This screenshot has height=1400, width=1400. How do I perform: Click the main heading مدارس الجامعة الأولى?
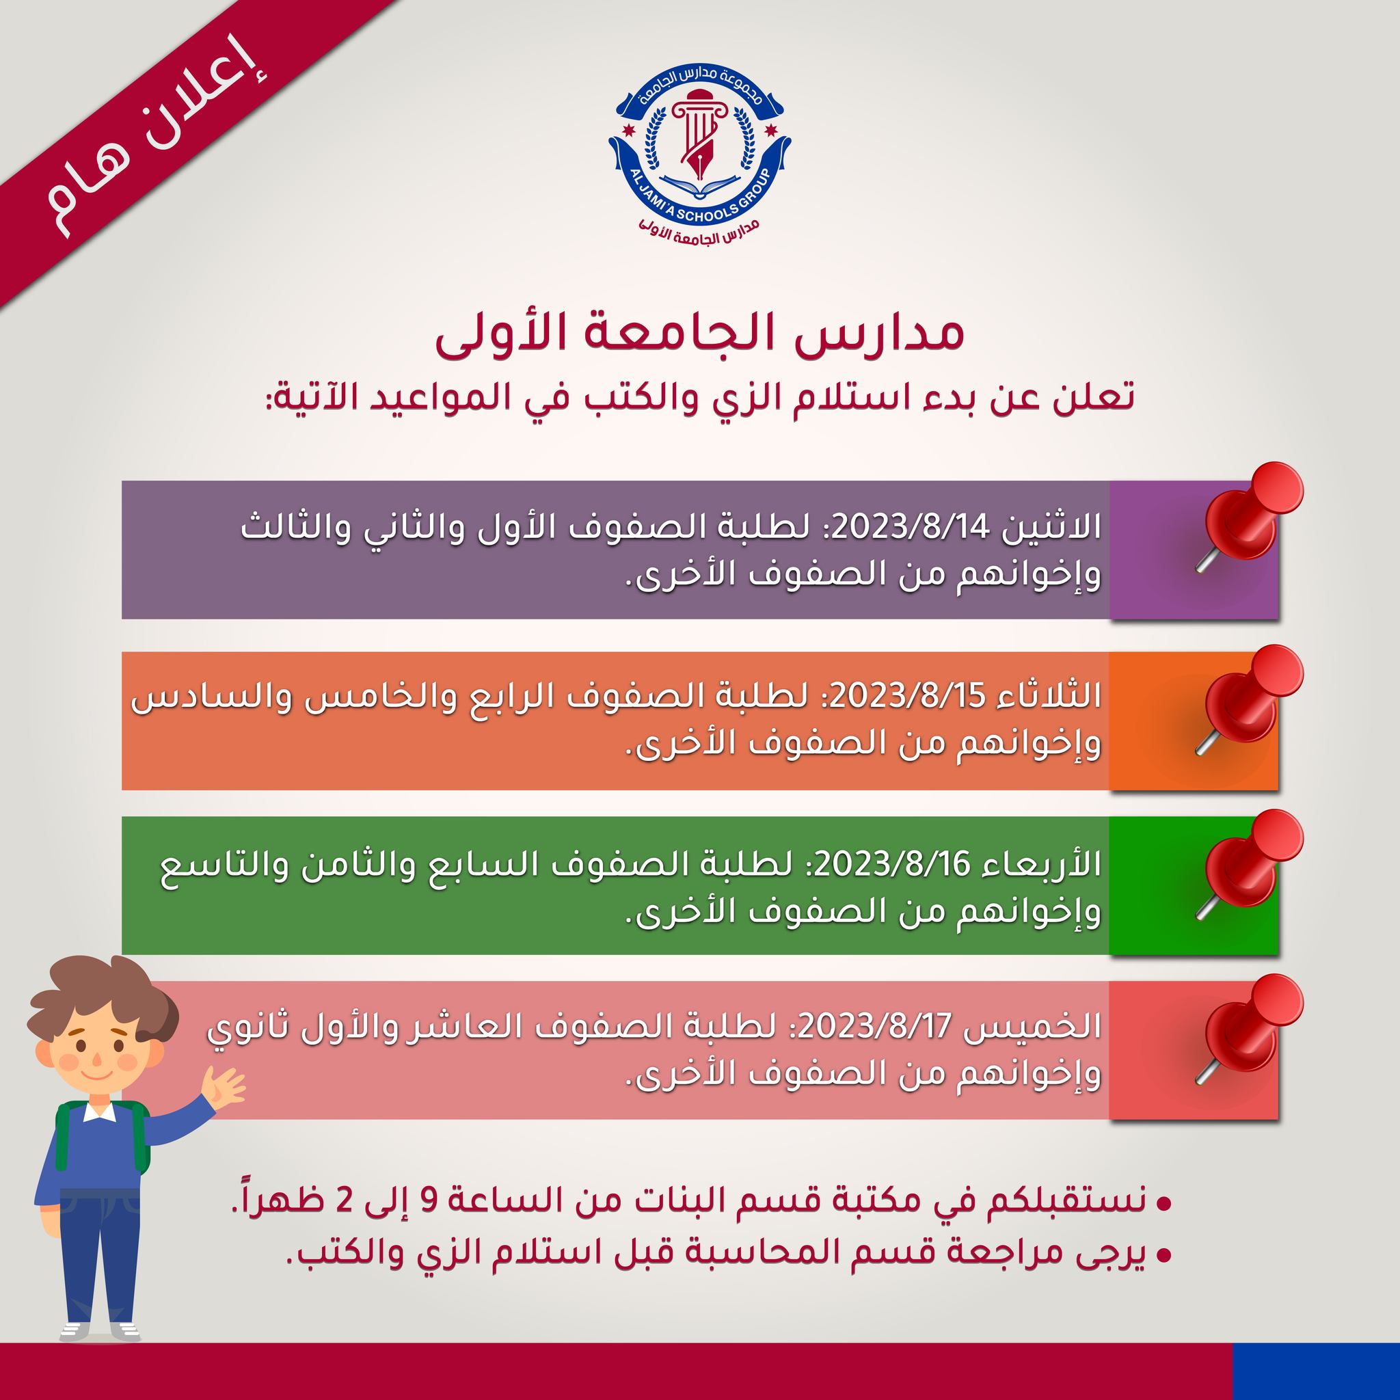point(700,338)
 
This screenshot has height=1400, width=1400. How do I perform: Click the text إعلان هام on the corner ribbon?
point(155,144)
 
